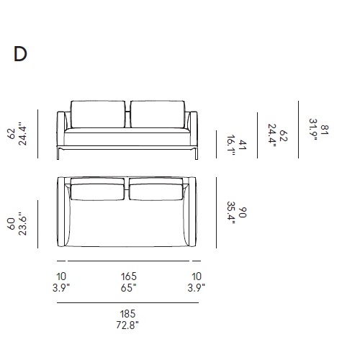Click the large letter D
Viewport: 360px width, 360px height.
(20, 54)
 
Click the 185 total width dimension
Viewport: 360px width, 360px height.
(127, 314)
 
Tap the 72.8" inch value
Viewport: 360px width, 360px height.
(127, 325)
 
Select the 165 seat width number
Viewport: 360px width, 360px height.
(129, 276)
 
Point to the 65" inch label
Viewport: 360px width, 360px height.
(129, 288)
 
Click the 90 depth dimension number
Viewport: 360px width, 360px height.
(243, 212)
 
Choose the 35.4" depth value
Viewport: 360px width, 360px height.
(231, 212)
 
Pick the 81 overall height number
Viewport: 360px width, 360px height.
(325, 130)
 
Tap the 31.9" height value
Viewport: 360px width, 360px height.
(313, 130)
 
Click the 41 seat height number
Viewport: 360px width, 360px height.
(243, 145)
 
